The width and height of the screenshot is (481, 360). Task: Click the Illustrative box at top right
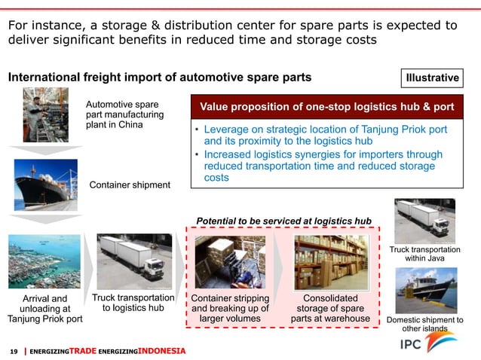pos(433,78)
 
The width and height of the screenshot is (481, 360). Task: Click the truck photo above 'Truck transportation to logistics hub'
pos(131,260)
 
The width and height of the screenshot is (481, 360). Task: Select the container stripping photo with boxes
pos(229,262)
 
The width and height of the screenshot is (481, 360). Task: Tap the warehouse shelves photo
pos(331,262)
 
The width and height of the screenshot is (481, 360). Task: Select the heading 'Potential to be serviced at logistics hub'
pos(283,220)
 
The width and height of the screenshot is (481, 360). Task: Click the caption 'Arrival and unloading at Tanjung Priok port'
pos(44,309)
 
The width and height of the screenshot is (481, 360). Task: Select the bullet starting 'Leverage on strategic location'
pos(324,136)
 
